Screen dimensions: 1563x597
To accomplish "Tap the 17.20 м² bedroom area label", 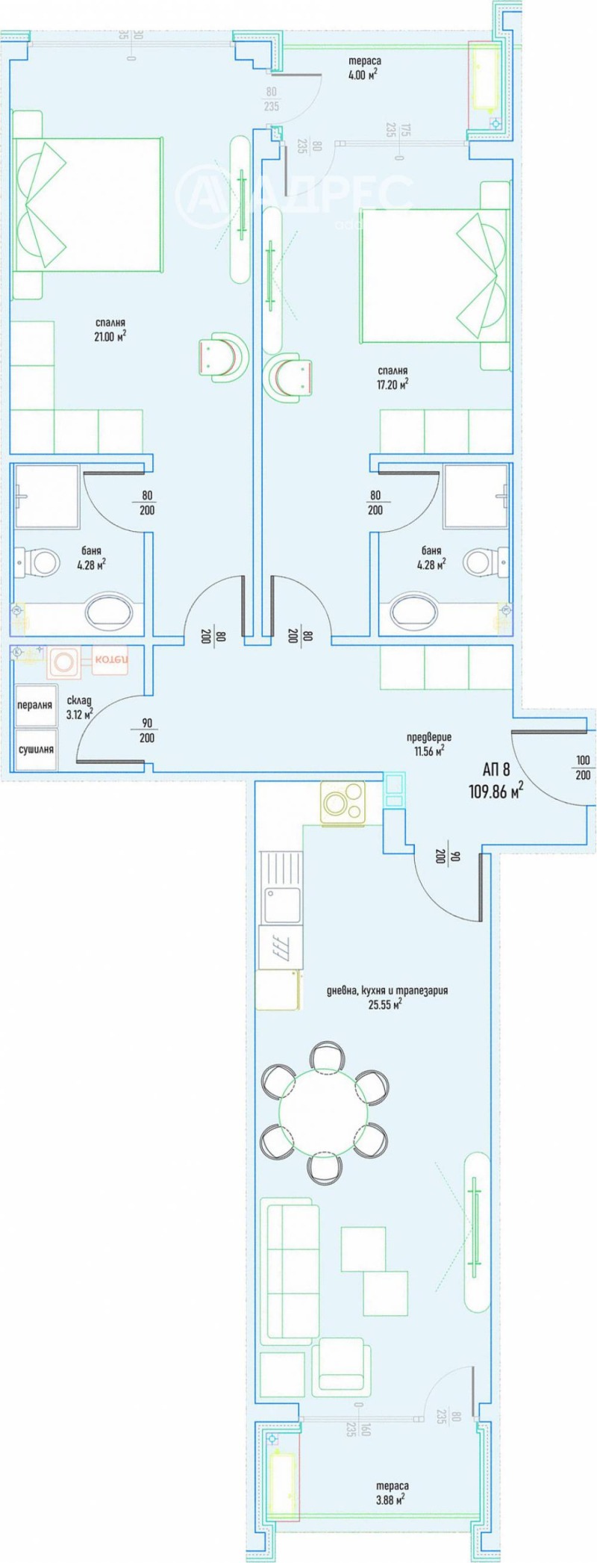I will click(393, 377).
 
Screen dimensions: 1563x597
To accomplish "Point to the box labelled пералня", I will click(35, 704).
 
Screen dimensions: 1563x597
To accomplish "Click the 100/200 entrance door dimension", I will click(583, 768).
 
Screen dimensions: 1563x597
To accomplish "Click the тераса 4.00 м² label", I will click(363, 67).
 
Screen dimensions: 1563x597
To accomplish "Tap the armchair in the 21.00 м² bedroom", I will click(222, 355).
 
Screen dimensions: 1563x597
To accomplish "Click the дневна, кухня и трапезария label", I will click(387, 997).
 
